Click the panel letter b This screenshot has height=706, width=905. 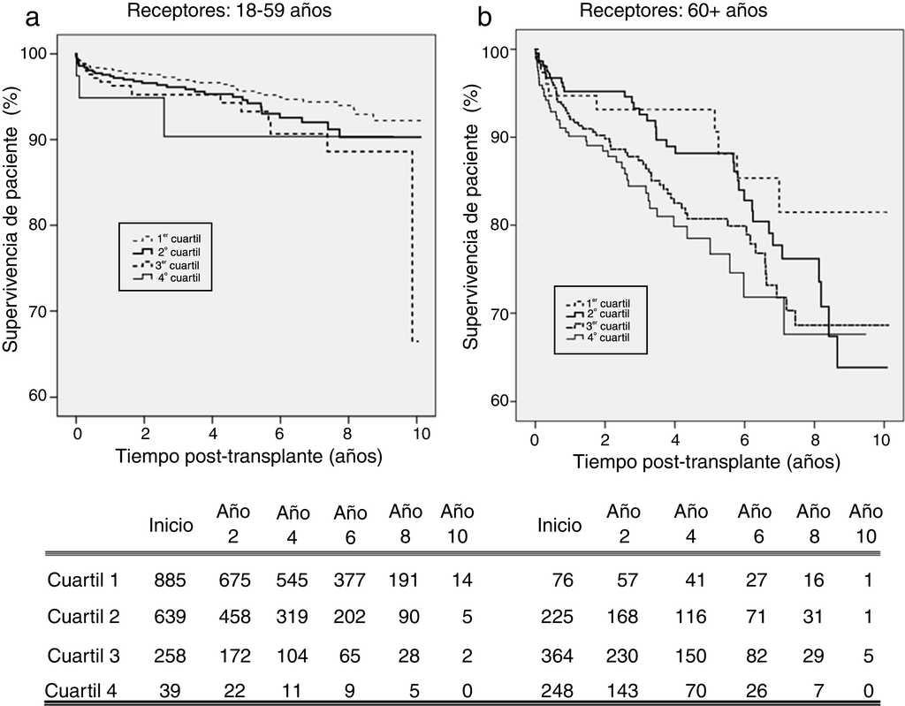click(x=485, y=15)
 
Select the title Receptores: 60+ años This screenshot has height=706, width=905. click(x=673, y=12)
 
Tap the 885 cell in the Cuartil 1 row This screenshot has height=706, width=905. click(x=171, y=581)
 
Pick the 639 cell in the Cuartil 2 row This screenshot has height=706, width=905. click(x=171, y=616)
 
